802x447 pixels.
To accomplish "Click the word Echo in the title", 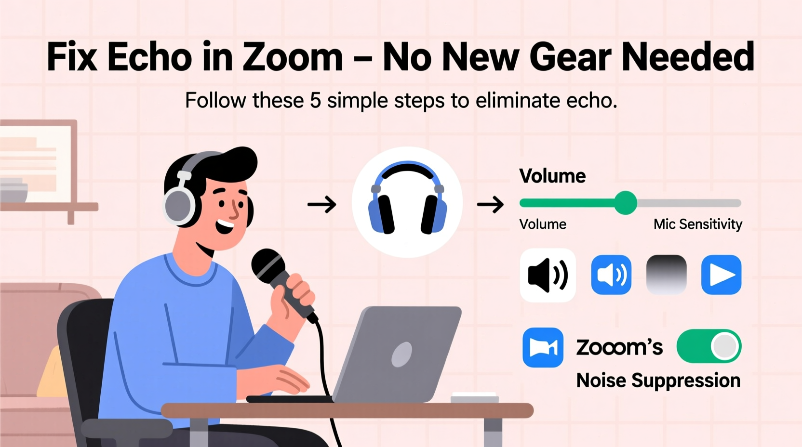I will [x=149, y=57].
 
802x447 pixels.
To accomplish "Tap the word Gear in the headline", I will [x=571, y=57].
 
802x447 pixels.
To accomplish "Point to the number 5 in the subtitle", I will [x=315, y=101].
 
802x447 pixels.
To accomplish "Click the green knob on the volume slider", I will [x=626, y=203].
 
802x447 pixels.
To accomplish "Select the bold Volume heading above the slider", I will [x=552, y=176].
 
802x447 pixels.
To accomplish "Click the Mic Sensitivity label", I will [x=697, y=224].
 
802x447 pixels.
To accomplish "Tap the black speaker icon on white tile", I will [x=548, y=275].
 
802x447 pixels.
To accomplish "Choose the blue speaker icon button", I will [x=611, y=275].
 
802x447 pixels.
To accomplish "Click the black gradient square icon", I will [x=666, y=275].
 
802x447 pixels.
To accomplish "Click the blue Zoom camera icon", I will [x=543, y=347].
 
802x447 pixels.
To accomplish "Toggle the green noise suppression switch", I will [x=708, y=346].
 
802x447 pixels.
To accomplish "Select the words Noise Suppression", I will [x=658, y=381].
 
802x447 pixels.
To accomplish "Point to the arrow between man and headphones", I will [x=322, y=204].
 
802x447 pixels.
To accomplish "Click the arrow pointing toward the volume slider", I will [x=490, y=204].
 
